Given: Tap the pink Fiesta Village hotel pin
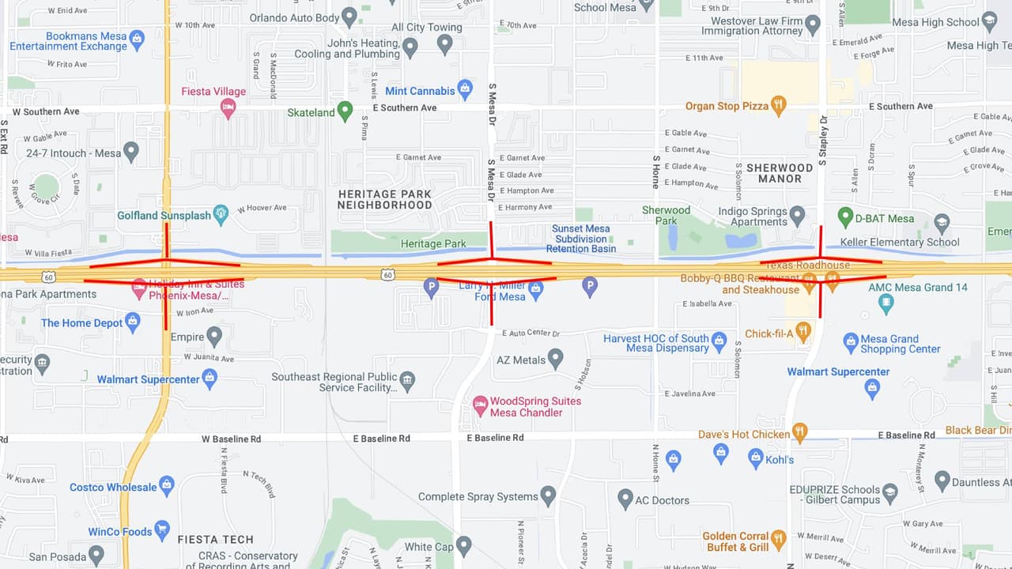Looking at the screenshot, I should pos(228,107).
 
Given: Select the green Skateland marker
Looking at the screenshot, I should pos(345,111).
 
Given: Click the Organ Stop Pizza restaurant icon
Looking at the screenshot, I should pos(779,105).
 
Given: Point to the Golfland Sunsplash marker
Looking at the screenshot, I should pos(221,214).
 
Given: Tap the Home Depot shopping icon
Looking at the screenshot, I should pos(133,322).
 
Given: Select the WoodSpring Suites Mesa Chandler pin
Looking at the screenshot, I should pos(480,406).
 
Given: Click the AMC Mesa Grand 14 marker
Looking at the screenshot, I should pos(886,301).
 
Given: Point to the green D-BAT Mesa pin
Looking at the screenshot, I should pos(845,217).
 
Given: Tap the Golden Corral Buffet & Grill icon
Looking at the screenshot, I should pos(779,541).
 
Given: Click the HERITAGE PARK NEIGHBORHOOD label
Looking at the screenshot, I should pos(384,199).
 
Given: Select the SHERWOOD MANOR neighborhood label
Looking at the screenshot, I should pos(780,173).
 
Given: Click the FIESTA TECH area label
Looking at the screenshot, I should pos(215,539).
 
